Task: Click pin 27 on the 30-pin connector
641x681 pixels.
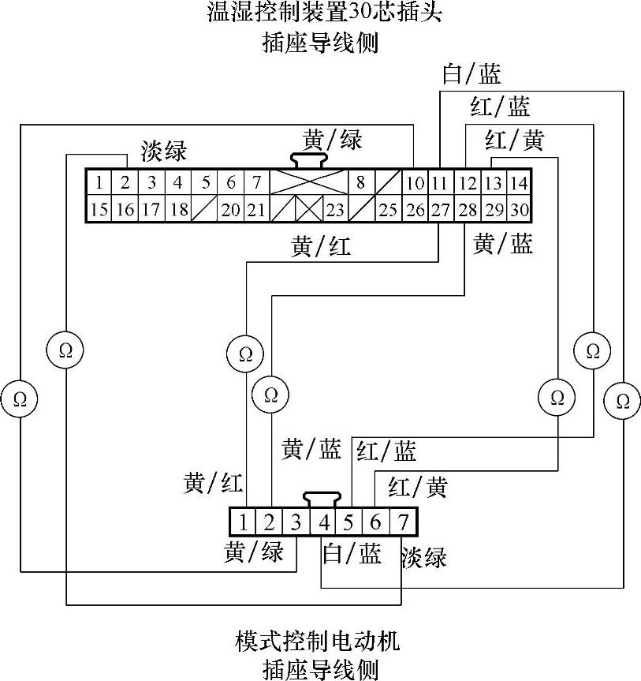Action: (440, 210)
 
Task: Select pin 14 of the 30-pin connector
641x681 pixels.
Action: (518, 184)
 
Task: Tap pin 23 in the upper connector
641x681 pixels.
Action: (335, 210)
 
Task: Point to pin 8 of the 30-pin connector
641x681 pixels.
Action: (360, 184)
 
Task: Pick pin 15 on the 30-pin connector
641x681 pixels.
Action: (99, 210)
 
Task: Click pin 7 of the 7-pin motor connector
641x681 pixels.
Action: (402, 522)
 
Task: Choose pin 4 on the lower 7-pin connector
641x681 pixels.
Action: (323, 522)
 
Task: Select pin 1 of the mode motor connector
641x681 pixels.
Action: (244, 522)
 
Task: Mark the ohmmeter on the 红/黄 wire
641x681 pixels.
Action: (557, 396)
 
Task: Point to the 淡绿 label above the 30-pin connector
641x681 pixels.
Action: (164, 150)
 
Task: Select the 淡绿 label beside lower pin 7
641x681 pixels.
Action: (423, 557)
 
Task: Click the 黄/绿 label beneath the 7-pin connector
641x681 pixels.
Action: (253, 552)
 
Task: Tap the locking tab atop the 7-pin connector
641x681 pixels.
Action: (322, 500)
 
